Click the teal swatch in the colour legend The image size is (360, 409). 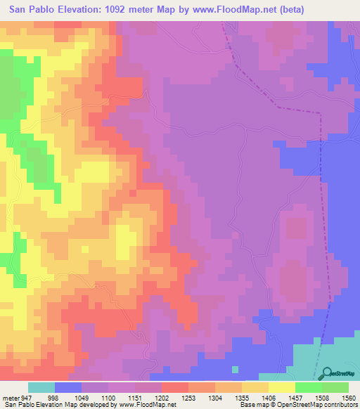click(x=41, y=387)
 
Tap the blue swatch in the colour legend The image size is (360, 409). click(x=67, y=387)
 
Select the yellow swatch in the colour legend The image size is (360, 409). click(x=281, y=387)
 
